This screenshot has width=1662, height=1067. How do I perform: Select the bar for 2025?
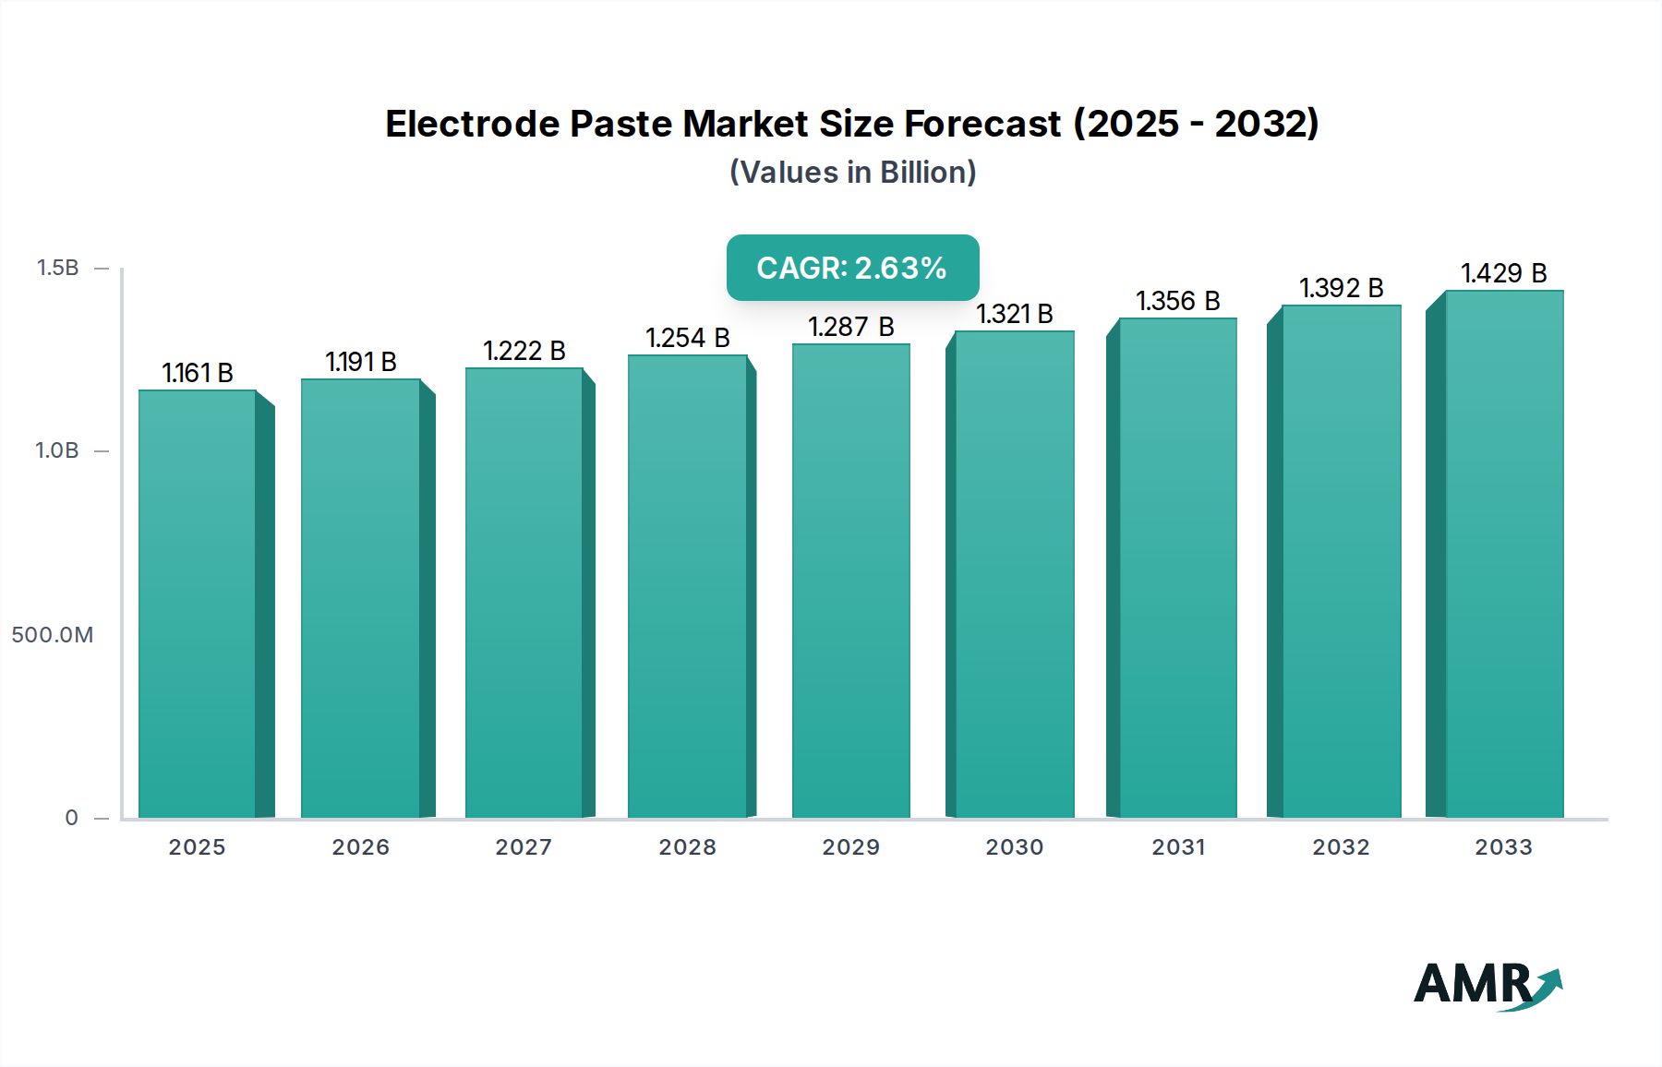tap(197, 605)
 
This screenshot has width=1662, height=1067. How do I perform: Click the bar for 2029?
tap(850, 581)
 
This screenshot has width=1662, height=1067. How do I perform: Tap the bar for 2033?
tap(1503, 554)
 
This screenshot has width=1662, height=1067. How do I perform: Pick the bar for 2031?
tap(1177, 568)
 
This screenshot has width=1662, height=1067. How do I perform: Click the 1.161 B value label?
tap(197, 373)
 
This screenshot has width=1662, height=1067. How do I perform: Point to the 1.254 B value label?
tap(687, 338)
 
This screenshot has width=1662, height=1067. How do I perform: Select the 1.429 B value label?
tap(1503, 273)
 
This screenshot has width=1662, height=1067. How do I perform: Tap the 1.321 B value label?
tap(1014, 314)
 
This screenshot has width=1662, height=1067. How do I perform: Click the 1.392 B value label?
tap(1341, 288)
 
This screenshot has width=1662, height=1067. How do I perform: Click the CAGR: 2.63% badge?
tap(852, 268)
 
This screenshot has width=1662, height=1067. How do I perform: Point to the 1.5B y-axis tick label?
tap(57, 268)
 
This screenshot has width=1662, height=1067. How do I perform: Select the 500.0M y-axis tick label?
tap(53, 635)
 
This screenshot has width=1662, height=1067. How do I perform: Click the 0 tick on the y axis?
tap(71, 818)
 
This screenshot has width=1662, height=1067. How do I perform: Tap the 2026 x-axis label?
tap(360, 847)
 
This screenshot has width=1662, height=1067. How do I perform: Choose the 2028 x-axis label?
tap(687, 847)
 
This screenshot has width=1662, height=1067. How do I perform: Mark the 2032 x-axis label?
tap(1341, 847)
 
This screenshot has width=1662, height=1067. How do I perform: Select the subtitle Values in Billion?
tap(852, 173)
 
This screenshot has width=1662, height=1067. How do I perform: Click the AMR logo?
tap(1487, 985)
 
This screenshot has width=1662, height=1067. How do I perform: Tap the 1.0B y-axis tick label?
tap(57, 450)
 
